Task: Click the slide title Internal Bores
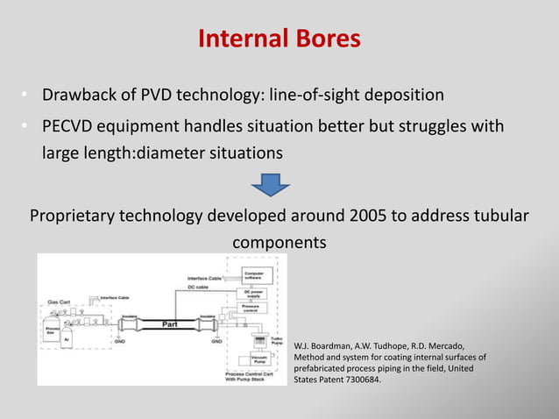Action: (x=279, y=39)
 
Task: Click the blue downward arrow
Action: (x=272, y=185)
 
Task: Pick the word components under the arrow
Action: (x=279, y=241)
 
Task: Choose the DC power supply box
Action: (x=255, y=295)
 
